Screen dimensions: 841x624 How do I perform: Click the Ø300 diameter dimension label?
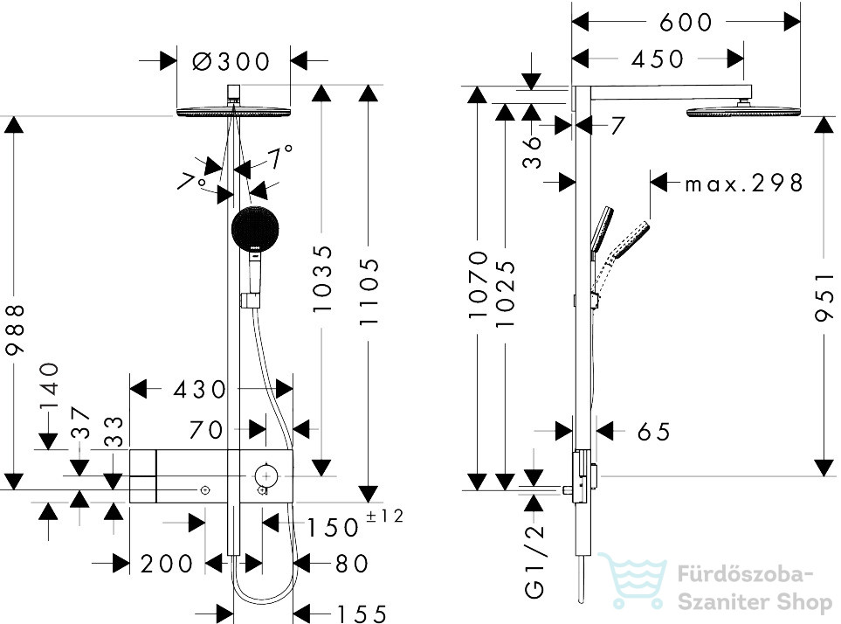[x=231, y=62]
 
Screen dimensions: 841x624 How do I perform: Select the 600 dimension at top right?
[x=686, y=23]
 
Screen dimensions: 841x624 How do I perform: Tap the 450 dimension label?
[x=658, y=59]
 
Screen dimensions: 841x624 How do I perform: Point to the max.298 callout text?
[x=744, y=184]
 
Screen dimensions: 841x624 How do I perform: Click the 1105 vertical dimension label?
[x=369, y=291]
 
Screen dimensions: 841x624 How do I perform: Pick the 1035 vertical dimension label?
[x=323, y=279]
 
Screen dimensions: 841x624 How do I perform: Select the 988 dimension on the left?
[x=15, y=329]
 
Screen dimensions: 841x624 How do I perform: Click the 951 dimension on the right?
[x=824, y=297]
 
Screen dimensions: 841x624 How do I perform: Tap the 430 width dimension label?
[x=200, y=390]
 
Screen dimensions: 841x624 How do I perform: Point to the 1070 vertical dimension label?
[x=478, y=284]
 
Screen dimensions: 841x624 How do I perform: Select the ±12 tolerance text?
[x=384, y=516]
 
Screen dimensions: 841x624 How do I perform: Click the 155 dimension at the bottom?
[x=361, y=614]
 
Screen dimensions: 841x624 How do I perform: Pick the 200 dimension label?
[x=166, y=564]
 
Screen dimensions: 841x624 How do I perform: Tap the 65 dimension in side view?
[x=654, y=432]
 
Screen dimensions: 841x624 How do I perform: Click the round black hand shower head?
[x=255, y=228]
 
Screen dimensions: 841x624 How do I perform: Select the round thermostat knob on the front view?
[x=265, y=476]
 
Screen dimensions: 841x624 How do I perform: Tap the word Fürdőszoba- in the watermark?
[x=746, y=574]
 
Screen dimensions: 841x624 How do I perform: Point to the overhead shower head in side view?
[x=743, y=112]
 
